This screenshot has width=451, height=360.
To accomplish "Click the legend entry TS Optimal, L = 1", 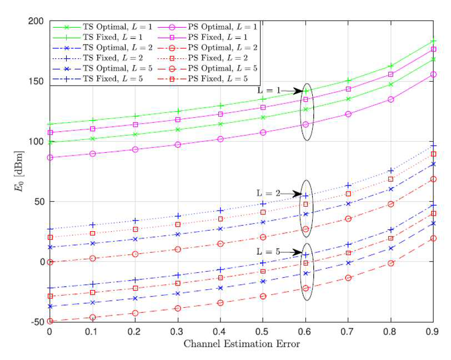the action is [x=103, y=27].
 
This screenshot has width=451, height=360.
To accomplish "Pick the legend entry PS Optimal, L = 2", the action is [x=208, y=48].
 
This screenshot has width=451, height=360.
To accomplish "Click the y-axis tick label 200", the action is [x=36, y=21].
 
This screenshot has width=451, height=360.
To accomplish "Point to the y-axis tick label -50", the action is [x=38, y=322].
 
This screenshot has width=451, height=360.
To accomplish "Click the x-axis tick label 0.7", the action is [x=348, y=332].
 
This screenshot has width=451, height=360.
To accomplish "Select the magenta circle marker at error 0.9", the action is [x=433, y=74].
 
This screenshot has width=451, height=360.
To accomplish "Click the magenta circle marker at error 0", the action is [x=50, y=158].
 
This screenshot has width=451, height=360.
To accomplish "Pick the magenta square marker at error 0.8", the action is [x=390, y=74].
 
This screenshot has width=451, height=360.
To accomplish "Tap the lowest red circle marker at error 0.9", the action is [x=433, y=238].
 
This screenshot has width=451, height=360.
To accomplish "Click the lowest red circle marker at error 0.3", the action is [x=178, y=308].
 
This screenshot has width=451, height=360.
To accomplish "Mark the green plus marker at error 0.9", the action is [x=433, y=41].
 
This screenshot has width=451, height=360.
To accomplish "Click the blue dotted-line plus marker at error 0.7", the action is [x=348, y=186].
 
